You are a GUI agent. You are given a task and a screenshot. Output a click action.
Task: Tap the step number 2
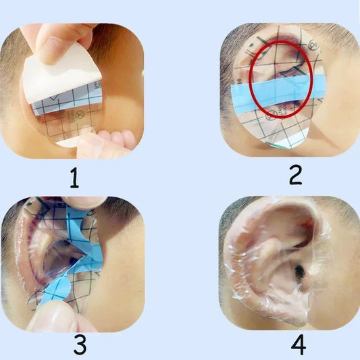click(294, 175)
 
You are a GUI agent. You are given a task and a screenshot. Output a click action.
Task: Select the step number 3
click(80, 345)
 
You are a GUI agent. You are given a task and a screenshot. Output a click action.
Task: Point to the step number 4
click(298, 344)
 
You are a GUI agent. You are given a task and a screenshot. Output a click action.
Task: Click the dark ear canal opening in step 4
click(298, 272)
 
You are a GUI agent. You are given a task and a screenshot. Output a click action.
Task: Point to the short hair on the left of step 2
click(226, 74)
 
